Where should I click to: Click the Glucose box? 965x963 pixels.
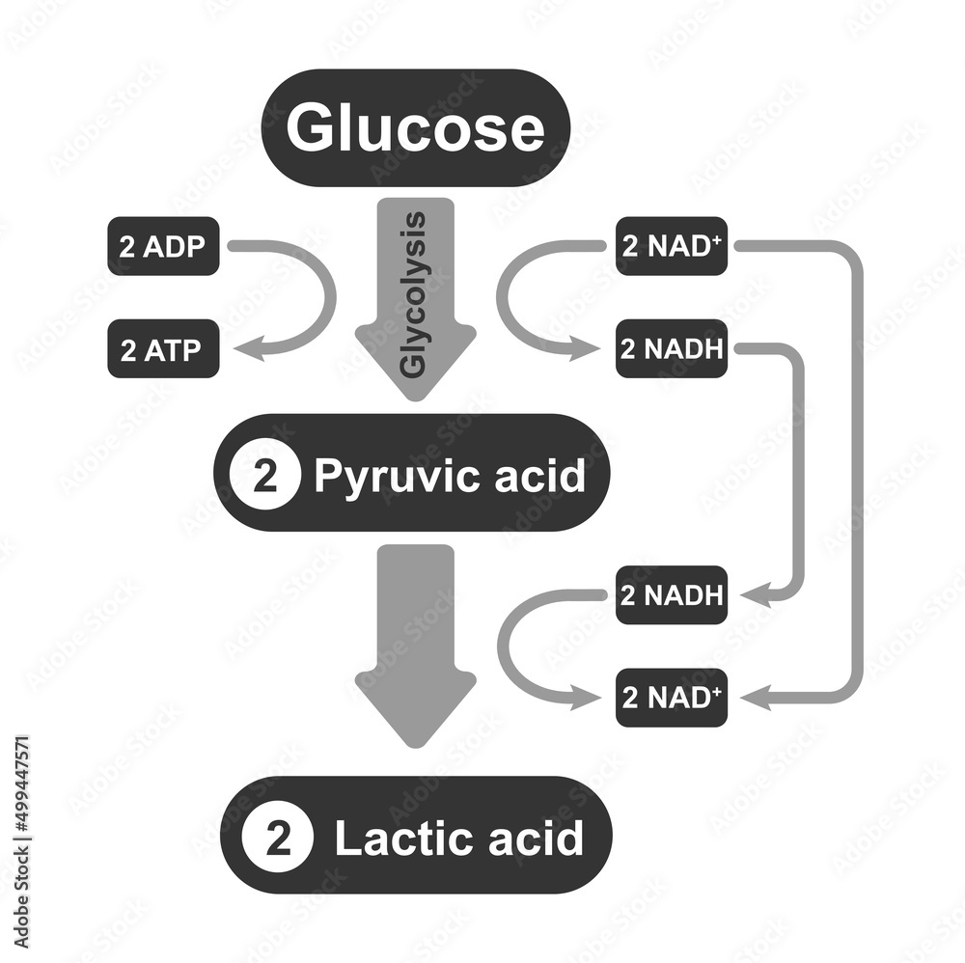pos(415,128)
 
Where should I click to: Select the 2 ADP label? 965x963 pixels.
pos(162,246)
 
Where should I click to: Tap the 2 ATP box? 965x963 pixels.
pos(162,349)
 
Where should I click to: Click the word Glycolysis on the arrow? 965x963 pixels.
pos(414,294)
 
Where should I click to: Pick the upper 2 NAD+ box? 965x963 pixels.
pos(672,246)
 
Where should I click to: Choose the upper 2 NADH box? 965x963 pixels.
pos(672,349)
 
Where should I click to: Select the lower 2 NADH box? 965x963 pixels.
pos(672,594)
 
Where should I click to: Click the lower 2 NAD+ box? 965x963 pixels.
pos(672,698)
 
